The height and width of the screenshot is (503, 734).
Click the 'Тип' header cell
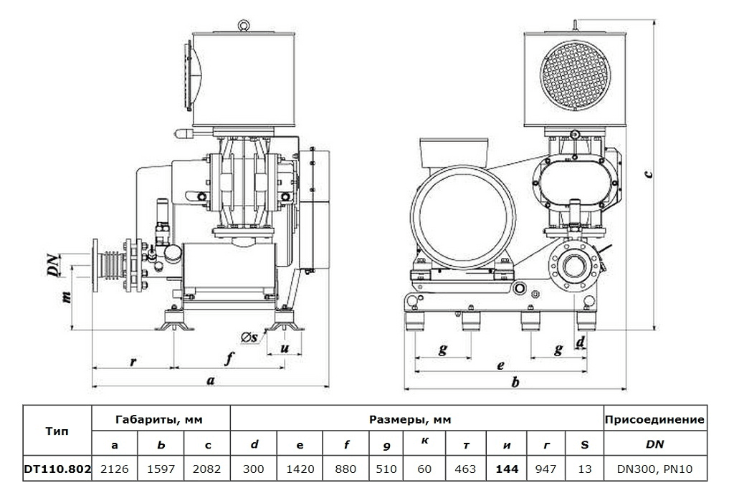coord(57,432)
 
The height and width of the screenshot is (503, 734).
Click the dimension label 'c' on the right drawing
coord(647,173)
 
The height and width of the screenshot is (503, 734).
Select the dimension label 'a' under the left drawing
coord(210,381)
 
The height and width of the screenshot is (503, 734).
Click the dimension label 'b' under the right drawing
coord(515,383)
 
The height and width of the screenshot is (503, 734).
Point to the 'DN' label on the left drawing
coord(53,265)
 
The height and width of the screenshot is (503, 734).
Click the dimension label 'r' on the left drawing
coord(133,361)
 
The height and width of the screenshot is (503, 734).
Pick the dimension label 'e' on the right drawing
coord(500,365)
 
